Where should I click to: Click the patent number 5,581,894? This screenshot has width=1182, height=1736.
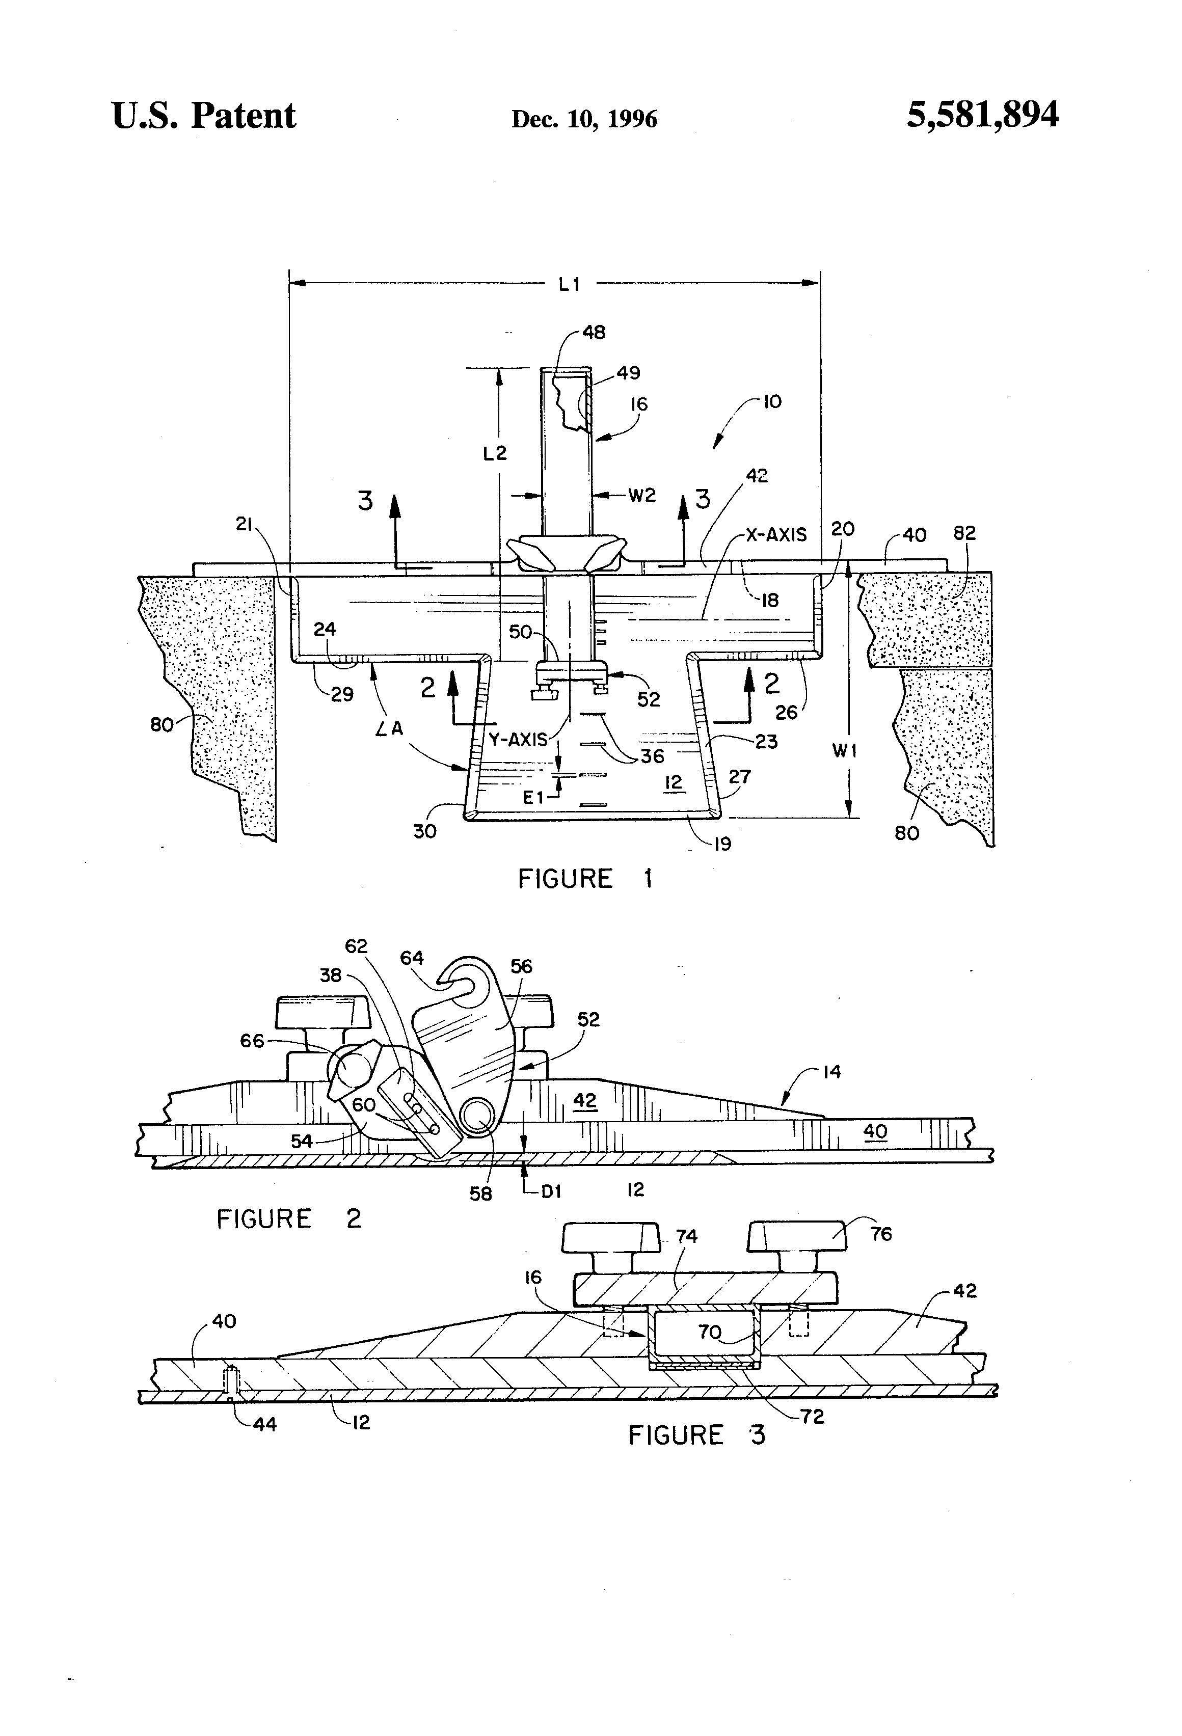pos(982,116)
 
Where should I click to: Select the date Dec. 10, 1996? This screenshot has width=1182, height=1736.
pos(584,119)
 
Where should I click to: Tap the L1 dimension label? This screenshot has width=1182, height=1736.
pos(569,284)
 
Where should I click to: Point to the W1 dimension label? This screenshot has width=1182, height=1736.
pos(844,751)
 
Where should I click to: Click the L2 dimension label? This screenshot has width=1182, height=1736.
pos(495,453)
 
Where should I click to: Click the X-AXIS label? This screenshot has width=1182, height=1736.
pos(776,535)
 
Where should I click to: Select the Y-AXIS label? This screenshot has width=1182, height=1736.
pos(518,740)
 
